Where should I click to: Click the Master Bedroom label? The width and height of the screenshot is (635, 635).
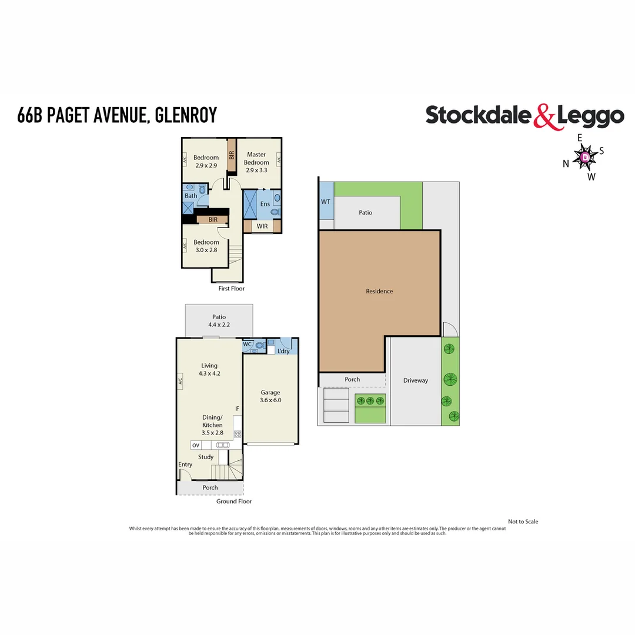pos(256,159)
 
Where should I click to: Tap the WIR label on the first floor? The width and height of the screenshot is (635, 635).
pos(262,226)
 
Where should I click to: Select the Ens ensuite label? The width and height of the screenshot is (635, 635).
pos(265,204)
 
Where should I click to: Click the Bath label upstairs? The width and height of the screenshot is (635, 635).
pos(191,196)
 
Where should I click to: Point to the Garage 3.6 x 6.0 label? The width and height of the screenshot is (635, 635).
pos(270,396)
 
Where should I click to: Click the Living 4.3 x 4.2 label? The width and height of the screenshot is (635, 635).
pos(209,369)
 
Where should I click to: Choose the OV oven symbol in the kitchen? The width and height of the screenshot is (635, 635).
pos(196,445)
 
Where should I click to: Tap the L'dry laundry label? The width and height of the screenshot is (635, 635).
pos(285,351)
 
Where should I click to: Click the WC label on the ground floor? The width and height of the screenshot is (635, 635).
pos(248,344)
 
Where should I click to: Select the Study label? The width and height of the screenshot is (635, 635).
pos(206,457)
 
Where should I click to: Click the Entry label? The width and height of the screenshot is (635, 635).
pos(185,464)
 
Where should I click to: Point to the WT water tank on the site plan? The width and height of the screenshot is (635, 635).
pos(326,202)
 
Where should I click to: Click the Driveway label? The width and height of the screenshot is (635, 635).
pos(416,380)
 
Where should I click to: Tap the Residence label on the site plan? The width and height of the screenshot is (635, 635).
pos(379,291)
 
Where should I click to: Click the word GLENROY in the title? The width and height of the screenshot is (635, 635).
pos(188,115)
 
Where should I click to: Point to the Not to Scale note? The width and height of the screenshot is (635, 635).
pos(523,522)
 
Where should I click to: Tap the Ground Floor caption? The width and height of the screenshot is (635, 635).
pos(234,502)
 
